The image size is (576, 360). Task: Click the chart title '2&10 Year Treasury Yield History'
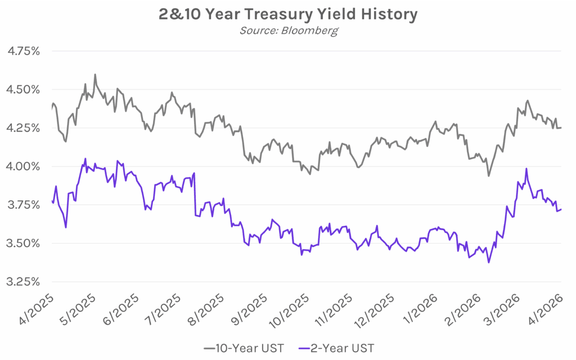click(288, 14)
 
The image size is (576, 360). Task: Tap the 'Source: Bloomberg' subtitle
click(288, 30)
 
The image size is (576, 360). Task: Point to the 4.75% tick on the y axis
click(23, 51)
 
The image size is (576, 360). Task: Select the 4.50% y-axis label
click(23, 89)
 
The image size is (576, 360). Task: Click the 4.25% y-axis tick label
click(23, 128)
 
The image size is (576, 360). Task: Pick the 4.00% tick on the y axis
click(23, 166)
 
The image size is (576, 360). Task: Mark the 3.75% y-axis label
click(23, 205)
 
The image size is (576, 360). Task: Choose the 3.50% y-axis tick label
click(23, 243)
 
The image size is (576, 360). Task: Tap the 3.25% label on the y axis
click(23, 281)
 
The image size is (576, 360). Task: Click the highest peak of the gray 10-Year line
click(95, 74)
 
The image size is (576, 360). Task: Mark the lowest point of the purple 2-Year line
click(488, 262)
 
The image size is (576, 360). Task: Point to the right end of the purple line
click(561, 209)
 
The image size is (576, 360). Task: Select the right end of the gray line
click(561, 128)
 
